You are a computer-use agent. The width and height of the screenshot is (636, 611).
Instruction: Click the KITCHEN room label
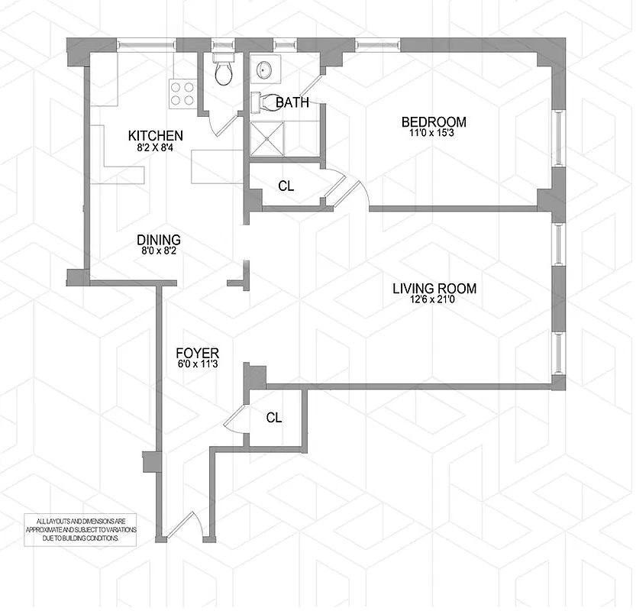point(155,136)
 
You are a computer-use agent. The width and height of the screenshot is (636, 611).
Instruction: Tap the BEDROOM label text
point(434,121)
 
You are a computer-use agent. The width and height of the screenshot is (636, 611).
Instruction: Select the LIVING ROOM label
point(434,289)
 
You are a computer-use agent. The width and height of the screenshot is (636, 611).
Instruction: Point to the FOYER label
point(198,353)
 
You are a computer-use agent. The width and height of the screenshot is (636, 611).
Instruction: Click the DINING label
point(159,239)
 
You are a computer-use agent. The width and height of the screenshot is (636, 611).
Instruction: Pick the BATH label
point(292,102)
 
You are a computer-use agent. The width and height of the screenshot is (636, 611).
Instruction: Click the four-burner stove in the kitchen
point(182,92)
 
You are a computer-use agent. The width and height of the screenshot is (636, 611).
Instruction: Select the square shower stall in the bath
point(267,139)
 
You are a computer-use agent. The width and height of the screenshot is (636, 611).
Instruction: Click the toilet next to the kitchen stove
point(223,72)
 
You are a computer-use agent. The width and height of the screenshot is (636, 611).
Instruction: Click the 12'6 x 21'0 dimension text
point(434,300)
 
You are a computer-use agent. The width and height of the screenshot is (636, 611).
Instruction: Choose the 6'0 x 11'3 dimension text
point(198,364)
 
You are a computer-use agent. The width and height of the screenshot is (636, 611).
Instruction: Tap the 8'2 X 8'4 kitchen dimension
point(155,147)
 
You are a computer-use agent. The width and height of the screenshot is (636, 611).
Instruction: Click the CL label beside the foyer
point(274,417)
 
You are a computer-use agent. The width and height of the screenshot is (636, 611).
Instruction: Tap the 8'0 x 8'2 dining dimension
point(159,251)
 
